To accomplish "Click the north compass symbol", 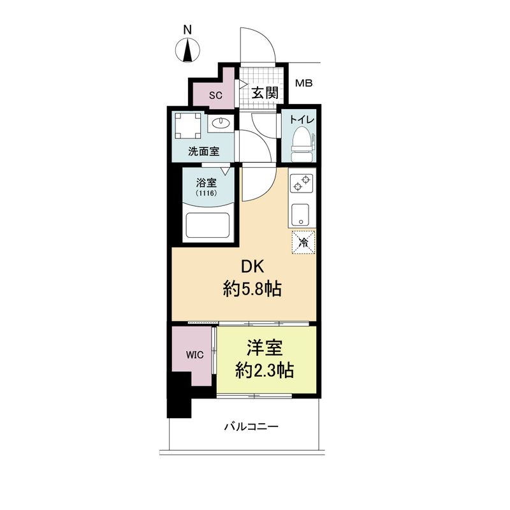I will (187, 49).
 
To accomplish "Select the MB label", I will (303, 84).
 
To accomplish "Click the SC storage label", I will (215, 96).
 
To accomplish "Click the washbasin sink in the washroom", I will (221, 123).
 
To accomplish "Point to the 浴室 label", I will (206, 180).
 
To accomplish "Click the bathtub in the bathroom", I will (207, 225).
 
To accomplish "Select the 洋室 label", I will (265, 348).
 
